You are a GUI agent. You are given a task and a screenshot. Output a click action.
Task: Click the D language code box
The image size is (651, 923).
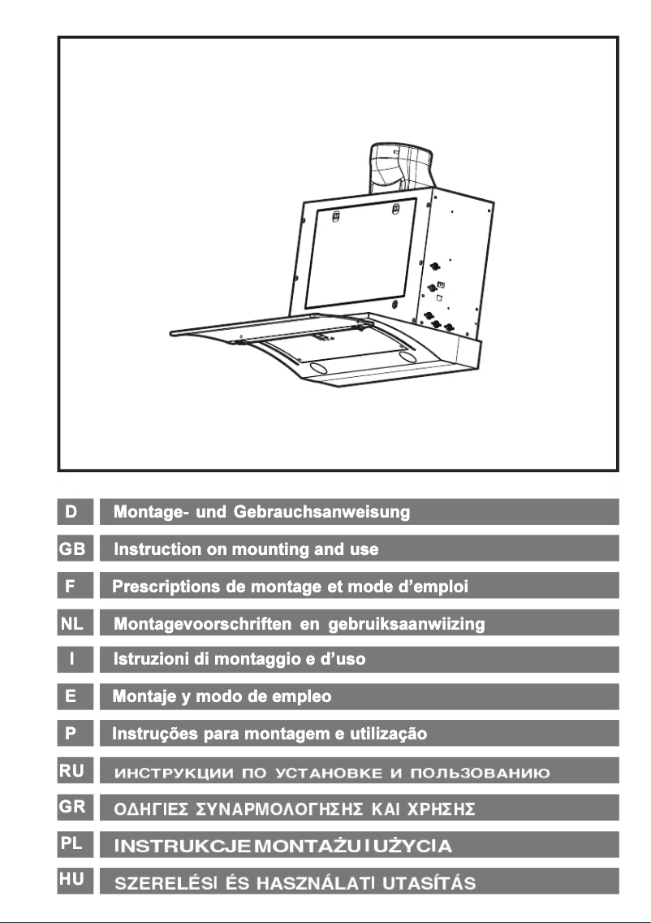coord(75,512)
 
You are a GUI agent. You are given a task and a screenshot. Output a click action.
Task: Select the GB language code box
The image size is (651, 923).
coord(75,549)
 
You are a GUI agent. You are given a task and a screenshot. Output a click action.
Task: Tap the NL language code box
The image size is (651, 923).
coord(75,623)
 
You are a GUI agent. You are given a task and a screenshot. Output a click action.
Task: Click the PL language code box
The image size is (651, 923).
coord(75,844)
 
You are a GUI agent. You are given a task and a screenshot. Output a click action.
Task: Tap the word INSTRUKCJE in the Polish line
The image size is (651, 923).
coord(182,847)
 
